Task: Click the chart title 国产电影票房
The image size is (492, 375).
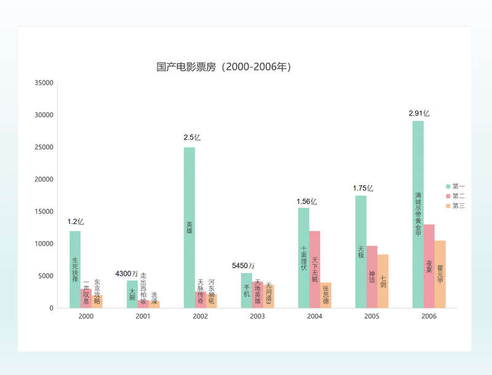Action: tap(224, 67)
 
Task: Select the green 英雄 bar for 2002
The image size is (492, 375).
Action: tap(189, 227)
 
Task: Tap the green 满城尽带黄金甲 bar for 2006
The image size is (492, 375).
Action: tap(418, 214)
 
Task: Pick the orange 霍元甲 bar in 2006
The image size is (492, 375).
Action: tap(440, 274)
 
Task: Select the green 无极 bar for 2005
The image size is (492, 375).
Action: tap(361, 252)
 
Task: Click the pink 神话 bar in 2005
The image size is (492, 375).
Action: tap(372, 277)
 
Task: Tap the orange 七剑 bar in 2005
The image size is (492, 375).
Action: tap(383, 281)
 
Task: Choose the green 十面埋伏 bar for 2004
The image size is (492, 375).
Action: tap(304, 258)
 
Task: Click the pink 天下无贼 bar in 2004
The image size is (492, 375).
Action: tap(315, 269)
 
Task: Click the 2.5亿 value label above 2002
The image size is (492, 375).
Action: tap(191, 137)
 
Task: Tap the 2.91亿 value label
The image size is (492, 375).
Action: tap(419, 114)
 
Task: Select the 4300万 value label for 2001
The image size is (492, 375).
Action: tap(127, 273)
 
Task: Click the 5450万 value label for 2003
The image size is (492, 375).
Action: tap(243, 266)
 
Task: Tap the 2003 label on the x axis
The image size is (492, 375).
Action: tap(257, 317)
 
